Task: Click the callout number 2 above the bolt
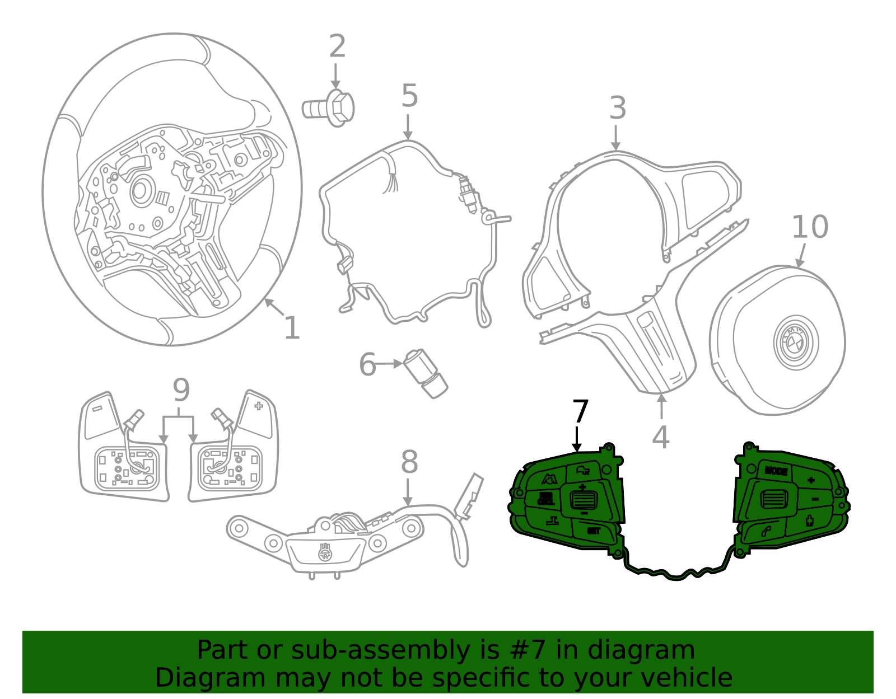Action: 337,47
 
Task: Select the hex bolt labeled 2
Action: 330,107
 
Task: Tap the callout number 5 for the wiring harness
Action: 409,96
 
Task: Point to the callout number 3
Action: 617,108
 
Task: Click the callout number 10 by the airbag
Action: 809,227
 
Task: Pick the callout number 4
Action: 661,437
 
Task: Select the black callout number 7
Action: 580,412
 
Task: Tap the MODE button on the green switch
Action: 776,471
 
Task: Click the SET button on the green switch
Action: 594,531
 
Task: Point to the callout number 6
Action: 367,365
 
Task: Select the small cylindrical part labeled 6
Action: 426,373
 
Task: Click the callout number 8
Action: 409,463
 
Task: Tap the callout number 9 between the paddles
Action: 181,391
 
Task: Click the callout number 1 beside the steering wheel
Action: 292,329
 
